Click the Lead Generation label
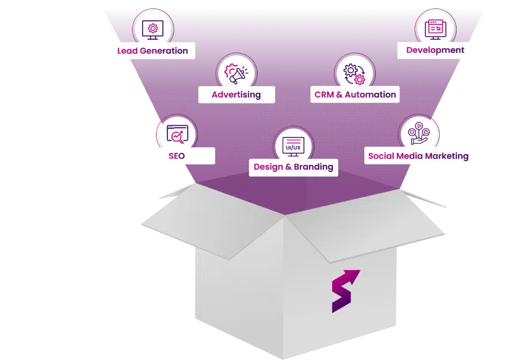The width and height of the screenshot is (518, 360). [153, 51]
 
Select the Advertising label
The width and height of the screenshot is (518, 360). [236, 95]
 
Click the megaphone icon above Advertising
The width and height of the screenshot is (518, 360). [236, 74]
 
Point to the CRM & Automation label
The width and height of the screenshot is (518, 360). [355, 95]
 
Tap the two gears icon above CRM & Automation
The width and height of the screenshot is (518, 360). [355, 74]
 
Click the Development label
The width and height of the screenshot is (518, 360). [435, 50]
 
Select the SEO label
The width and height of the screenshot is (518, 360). [177, 156]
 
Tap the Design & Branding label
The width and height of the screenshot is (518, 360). [294, 167]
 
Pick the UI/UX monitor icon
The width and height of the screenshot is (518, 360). [294, 147]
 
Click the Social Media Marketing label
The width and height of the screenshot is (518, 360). [418, 156]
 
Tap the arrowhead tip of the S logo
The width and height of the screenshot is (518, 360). [360, 270]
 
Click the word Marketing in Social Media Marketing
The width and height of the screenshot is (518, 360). [447, 156]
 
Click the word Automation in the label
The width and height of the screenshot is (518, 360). [370, 95]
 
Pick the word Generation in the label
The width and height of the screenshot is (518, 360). [164, 51]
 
